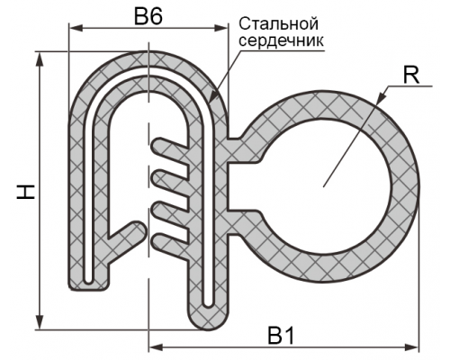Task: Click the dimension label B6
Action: (148, 15)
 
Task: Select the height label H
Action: (26, 192)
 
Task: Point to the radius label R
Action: (410, 75)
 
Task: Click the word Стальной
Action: (278, 23)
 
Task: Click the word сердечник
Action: (282, 40)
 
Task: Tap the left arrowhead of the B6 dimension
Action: (76, 28)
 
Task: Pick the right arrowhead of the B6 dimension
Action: (220, 28)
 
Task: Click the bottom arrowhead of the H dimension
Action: (40, 322)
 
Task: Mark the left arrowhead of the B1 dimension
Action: (156, 347)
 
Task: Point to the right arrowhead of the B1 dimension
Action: (411, 347)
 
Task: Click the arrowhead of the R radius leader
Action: (381, 98)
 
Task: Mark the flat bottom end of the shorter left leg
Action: (88, 289)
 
